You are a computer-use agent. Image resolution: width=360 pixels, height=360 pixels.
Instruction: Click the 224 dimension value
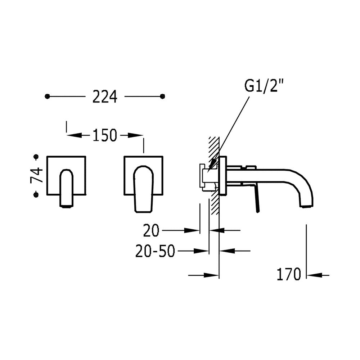click(x=105, y=96)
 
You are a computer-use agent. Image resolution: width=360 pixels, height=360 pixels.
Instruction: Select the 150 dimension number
click(x=105, y=135)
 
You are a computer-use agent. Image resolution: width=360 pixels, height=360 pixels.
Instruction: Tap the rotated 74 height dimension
click(x=36, y=175)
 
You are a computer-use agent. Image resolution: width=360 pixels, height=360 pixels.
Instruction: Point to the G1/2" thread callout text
click(x=264, y=86)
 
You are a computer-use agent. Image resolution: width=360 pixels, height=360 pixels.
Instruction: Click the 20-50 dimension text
click(x=155, y=251)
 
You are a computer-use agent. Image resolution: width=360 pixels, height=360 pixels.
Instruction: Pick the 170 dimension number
click(x=289, y=274)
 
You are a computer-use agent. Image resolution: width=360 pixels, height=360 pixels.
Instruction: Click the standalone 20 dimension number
click(x=151, y=230)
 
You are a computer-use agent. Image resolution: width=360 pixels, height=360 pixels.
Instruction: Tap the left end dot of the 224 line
click(x=47, y=96)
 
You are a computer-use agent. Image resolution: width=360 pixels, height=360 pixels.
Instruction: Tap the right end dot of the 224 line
click(x=163, y=96)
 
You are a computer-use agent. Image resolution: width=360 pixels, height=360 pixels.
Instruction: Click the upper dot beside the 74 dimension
click(x=36, y=157)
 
